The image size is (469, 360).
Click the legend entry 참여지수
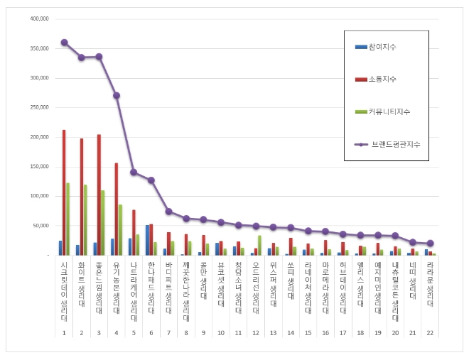point(382,47)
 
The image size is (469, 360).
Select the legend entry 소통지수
point(382,80)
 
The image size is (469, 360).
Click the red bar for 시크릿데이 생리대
point(64,192)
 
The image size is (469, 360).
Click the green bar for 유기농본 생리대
point(120,229)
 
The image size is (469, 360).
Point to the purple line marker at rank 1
point(64,42)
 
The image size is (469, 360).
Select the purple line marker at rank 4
point(116,95)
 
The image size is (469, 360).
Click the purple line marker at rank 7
point(168,211)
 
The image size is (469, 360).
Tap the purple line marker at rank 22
point(430,243)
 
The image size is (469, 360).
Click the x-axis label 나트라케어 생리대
point(134,288)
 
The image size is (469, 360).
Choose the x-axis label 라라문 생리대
point(430,284)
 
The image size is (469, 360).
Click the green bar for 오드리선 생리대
point(259,245)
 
